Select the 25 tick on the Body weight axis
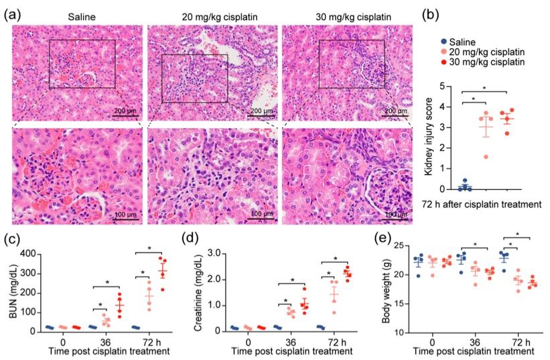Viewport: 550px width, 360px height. click(399, 247)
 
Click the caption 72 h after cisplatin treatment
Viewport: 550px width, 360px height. click(482, 203)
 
